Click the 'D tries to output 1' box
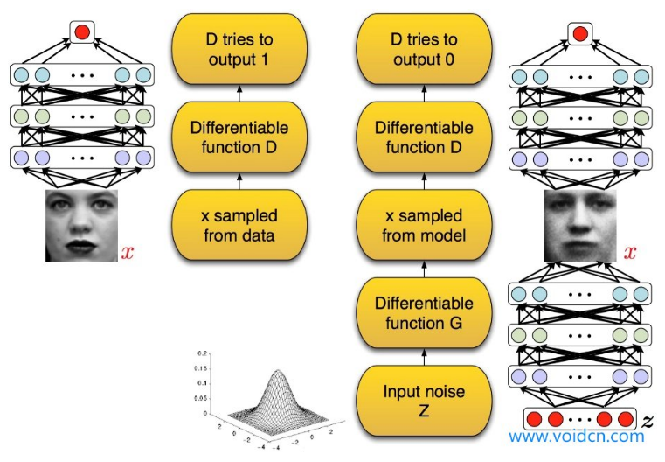pos(239,50)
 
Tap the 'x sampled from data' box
pos(239,223)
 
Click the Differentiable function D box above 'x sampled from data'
pos(239,137)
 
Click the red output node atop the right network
pos(578,35)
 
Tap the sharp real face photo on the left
pos(81,226)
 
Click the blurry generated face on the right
pos(579,226)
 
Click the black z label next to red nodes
pos(648,421)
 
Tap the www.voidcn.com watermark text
pos(577,436)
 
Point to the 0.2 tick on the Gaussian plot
pos(202,353)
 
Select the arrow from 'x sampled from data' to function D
pos(239,180)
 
